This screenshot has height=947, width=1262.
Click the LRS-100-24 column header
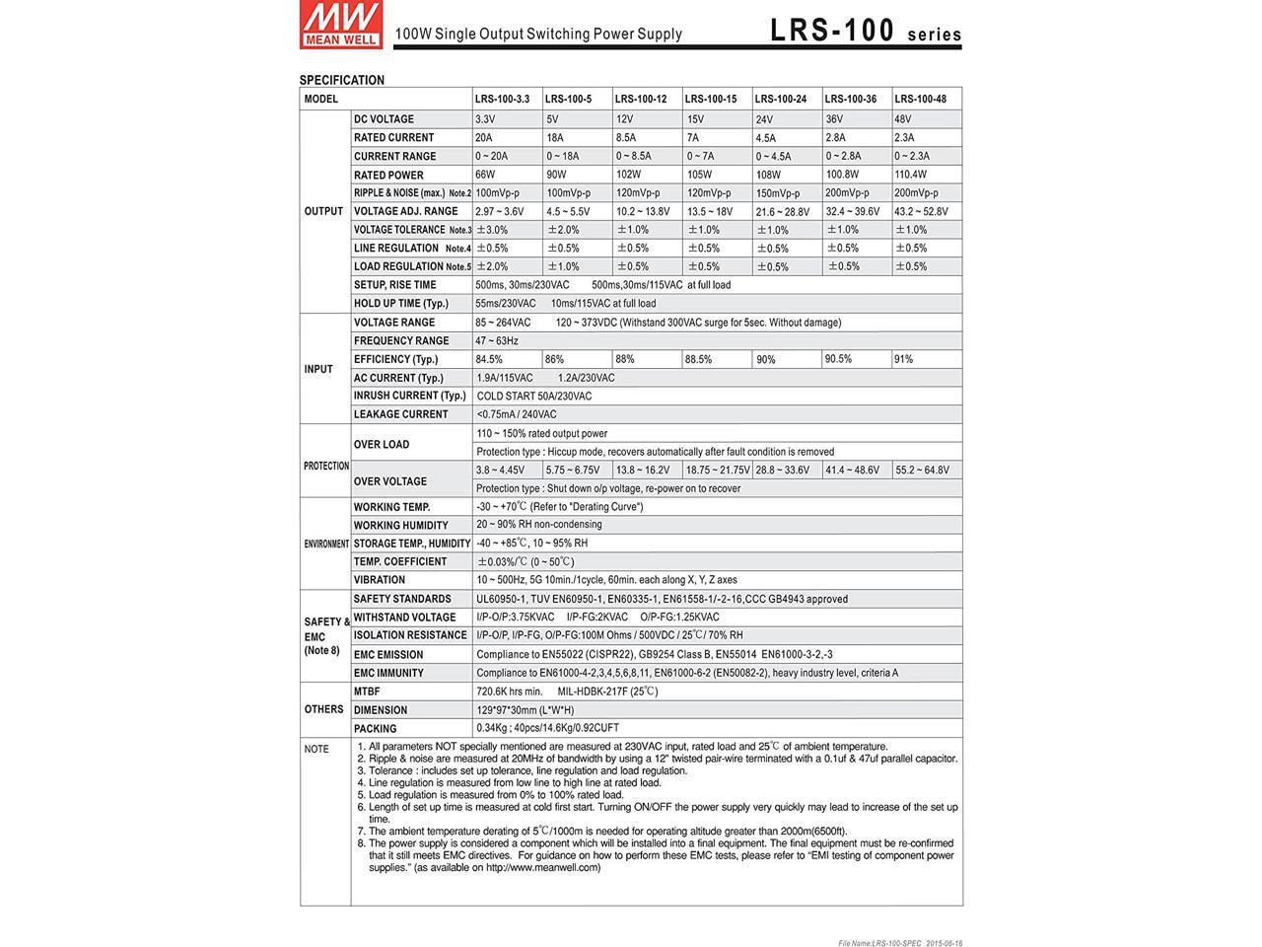point(781,99)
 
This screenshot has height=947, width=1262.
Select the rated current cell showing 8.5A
point(626,138)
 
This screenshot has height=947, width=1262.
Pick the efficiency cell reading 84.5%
point(489,359)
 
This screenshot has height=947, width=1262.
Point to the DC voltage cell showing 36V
point(835,119)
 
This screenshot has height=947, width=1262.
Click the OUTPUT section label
point(323,211)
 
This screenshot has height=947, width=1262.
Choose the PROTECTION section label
point(325,466)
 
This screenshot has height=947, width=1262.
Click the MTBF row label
point(367,692)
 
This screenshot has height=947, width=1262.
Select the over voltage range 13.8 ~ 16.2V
point(643,471)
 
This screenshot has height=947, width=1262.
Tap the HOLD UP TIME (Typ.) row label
point(400,304)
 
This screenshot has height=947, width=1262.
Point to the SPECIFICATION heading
point(342,80)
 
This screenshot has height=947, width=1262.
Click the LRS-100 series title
point(865,32)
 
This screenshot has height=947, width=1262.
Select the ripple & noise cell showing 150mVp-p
point(778,193)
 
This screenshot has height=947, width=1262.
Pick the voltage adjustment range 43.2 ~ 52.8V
point(921,211)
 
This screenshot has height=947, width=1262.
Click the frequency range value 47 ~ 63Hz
point(497,341)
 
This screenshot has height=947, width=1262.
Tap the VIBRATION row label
point(380,580)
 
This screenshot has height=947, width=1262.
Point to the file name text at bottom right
point(900,942)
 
